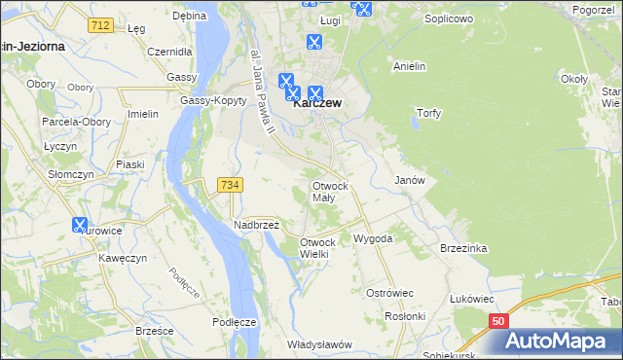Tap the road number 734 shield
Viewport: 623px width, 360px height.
click(x=231, y=184)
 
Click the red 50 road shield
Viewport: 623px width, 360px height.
click(x=498, y=320)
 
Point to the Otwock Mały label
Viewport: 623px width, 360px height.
click(x=329, y=191)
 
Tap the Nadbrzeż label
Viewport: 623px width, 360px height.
click(x=257, y=225)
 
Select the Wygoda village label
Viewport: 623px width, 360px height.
click(x=373, y=238)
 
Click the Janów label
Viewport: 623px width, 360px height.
click(x=409, y=181)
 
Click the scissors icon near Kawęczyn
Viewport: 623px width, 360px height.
click(x=80, y=225)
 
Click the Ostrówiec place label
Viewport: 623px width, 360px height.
click(x=389, y=293)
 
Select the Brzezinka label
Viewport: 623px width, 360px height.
click(x=462, y=248)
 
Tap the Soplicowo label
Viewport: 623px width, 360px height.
click(x=447, y=18)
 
